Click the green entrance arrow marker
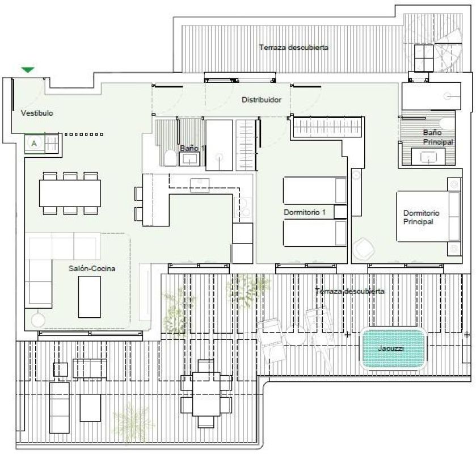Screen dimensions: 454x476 pyautogui.click(x=28, y=70)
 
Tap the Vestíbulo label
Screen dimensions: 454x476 pyautogui.click(x=37, y=113)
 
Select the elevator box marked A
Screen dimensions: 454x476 pyautogui.click(x=35, y=144)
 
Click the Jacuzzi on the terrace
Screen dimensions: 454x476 pyautogui.click(x=393, y=348)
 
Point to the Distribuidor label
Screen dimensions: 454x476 pyautogui.click(x=262, y=100)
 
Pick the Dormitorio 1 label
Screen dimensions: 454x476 pyautogui.click(x=305, y=212)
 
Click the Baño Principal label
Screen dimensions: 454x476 pyautogui.click(x=438, y=137)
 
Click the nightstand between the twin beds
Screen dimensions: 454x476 pyautogui.click(x=340, y=212)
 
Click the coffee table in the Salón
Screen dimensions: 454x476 pyautogui.click(x=90, y=296)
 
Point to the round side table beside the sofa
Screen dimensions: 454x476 pyautogui.click(x=38, y=320)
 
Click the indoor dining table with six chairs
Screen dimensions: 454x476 pyautogui.click(x=70, y=193)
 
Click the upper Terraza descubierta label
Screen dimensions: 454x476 pyautogui.click(x=293, y=48)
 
